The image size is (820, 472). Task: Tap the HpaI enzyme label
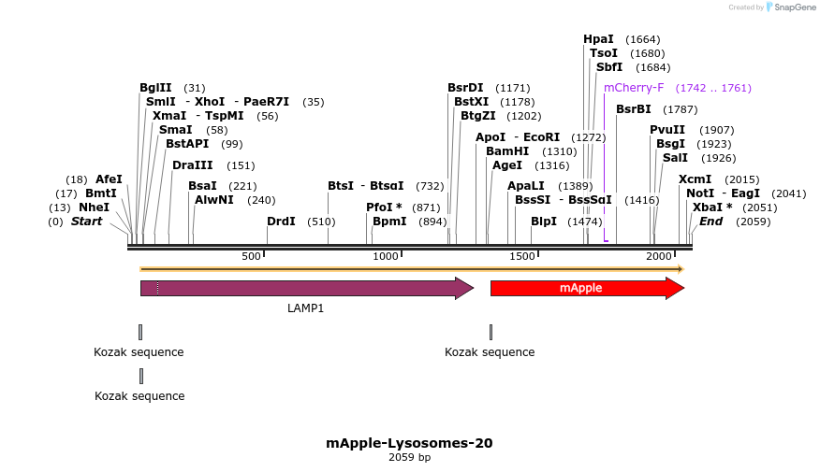point(598,39)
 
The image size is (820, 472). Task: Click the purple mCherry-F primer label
point(634,88)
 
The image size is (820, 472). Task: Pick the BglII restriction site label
point(155,88)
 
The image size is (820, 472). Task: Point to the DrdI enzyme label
point(281,222)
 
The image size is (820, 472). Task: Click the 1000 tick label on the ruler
point(386,256)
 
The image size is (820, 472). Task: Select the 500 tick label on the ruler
point(251,256)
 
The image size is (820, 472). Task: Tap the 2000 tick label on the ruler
point(659,256)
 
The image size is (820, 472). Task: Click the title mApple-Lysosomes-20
point(409,443)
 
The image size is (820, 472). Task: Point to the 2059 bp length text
point(409,458)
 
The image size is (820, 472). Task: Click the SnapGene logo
point(791,7)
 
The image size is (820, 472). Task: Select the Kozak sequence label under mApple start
point(490,352)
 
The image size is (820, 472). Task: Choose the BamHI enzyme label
point(506,151)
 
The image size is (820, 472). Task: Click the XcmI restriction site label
point(695,179)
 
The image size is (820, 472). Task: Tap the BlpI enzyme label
point(544,222)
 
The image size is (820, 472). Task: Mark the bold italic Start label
point(86,222)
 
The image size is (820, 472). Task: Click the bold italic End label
point(710,222)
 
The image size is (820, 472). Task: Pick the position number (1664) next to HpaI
point(643,39)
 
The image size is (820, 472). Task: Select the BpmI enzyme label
point(389,222)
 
